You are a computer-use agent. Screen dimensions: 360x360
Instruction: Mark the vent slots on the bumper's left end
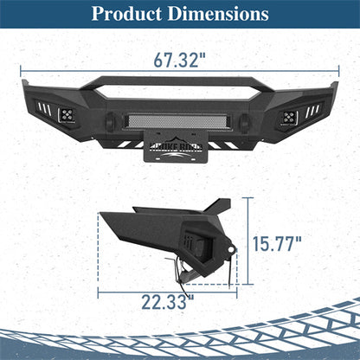point(43,109)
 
